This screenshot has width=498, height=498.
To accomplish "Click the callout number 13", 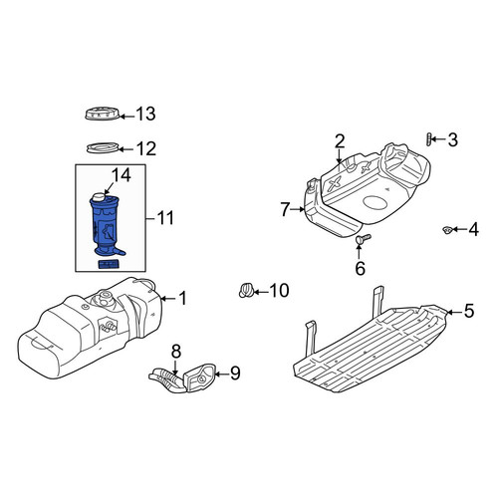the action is click(145, 114).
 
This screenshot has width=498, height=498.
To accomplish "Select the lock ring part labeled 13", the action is click(103, 114).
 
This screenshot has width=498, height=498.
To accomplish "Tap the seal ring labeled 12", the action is click(103, 147).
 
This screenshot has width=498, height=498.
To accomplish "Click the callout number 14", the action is click(122, 175).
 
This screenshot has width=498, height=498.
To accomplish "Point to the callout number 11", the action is click(165, 218).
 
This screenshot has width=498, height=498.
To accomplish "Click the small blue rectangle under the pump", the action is click(108, 264).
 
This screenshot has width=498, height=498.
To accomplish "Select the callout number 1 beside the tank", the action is click(183, 298).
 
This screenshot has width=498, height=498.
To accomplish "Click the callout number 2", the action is click(340, 141).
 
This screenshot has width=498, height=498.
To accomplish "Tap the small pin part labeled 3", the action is click(429, 139).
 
